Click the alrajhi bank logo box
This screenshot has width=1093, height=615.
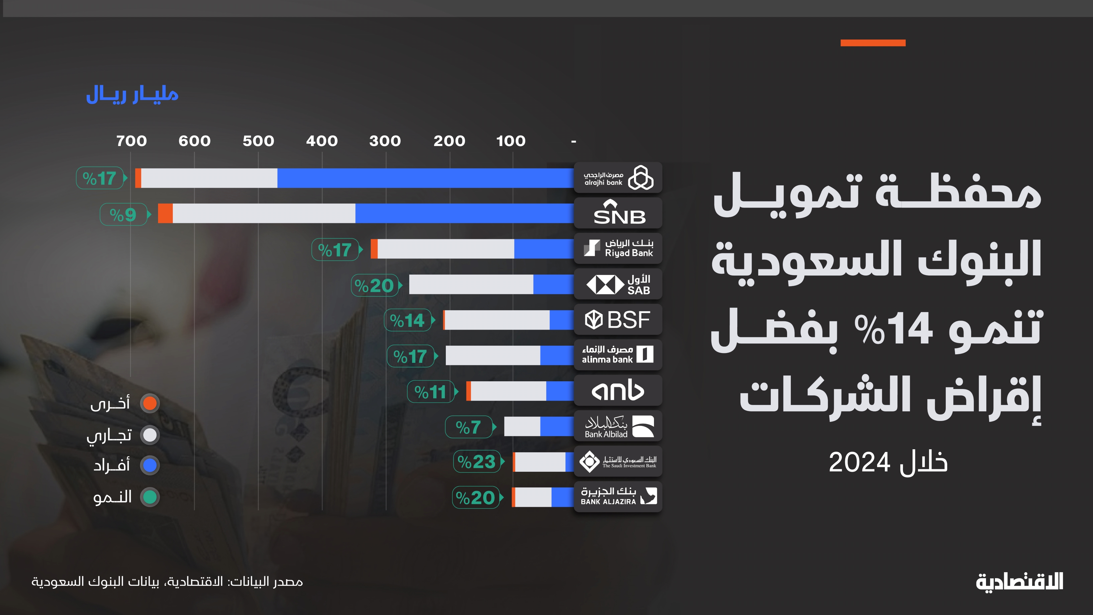point(618,178)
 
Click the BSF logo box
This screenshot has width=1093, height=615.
point(618,319)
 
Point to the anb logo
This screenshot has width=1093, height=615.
point(618,391)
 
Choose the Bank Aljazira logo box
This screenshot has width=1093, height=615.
point(618,497)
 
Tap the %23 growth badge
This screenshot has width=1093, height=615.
point(477,462)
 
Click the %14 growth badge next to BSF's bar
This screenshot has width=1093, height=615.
point(407,320)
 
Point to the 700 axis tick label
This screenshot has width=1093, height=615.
point(132,141)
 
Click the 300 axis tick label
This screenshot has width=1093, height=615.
point(385,141)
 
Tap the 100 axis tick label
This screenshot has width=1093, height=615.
point(511,141)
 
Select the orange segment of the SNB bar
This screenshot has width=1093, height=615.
point(165,213)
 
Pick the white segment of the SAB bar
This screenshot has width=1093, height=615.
point(471,284)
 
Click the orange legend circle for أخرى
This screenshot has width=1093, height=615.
point(150,403)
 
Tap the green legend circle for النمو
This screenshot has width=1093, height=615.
point(150,497)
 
